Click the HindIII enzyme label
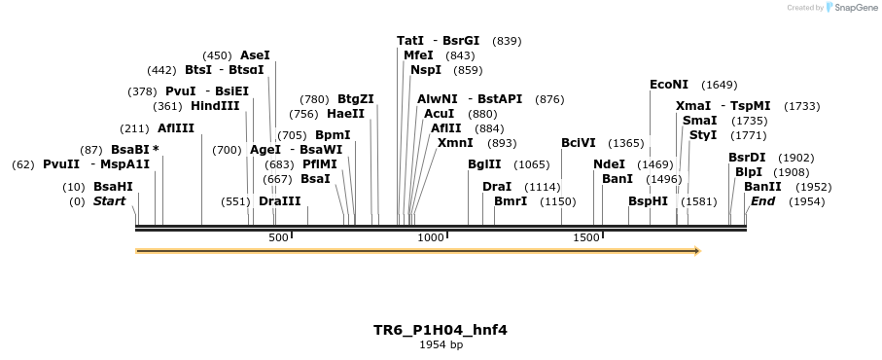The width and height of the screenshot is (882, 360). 215,106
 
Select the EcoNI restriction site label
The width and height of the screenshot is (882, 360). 669,85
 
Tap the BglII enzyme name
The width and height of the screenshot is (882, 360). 484,164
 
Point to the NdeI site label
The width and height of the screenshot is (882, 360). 609,164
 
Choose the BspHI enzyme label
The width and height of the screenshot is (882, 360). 648,201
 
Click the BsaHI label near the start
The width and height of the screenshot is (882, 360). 113,187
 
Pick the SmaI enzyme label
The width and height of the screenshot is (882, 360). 700,121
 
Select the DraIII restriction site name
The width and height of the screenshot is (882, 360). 280,201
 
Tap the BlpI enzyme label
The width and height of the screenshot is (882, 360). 749,172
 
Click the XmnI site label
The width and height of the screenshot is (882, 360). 455,143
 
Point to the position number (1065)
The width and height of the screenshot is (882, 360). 532,164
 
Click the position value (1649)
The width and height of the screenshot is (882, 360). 720,85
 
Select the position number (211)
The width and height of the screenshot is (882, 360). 133,128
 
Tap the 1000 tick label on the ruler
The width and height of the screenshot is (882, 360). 430,238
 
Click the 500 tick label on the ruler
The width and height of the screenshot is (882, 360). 278,238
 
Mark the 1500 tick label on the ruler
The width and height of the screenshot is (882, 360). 585,238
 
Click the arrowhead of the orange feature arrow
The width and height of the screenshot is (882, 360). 695,251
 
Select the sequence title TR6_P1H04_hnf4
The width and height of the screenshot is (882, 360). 441,330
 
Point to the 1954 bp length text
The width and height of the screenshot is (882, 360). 441,344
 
